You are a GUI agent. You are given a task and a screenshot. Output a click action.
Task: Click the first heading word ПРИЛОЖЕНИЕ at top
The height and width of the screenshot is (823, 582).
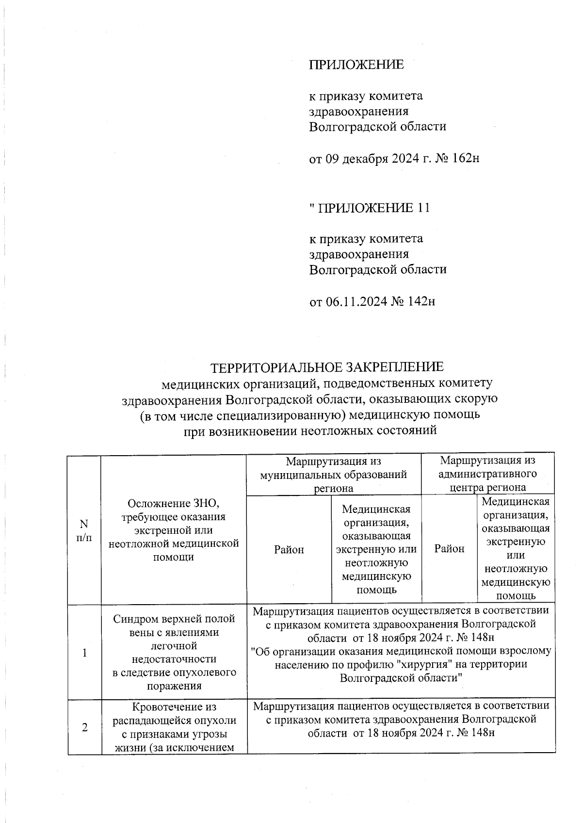pos(356,65)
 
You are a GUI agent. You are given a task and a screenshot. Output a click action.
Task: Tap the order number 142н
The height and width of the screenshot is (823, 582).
pos(421,302)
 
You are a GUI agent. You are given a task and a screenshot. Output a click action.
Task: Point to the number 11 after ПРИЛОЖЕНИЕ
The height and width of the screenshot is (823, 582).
pos(423,208)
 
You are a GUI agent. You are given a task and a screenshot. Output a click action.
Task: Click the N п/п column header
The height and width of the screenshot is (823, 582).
pos(84,530)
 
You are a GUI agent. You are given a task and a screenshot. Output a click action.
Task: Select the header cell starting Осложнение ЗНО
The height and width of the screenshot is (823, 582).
pos(174,530)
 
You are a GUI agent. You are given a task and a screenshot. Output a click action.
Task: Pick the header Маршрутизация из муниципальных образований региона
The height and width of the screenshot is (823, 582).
pos(333,474)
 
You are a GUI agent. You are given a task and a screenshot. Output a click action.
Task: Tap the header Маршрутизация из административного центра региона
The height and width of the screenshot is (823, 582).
pos(488,474)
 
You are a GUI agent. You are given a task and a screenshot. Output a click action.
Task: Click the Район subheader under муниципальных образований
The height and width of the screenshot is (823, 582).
pos(289,549)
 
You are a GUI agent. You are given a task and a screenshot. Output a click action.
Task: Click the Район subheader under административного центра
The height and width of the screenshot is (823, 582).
pos(449,549)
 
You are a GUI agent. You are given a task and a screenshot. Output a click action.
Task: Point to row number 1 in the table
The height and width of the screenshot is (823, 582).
pos(84,653)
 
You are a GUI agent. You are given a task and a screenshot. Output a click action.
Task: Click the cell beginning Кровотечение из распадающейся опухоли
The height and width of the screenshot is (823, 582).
pos(174,727)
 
